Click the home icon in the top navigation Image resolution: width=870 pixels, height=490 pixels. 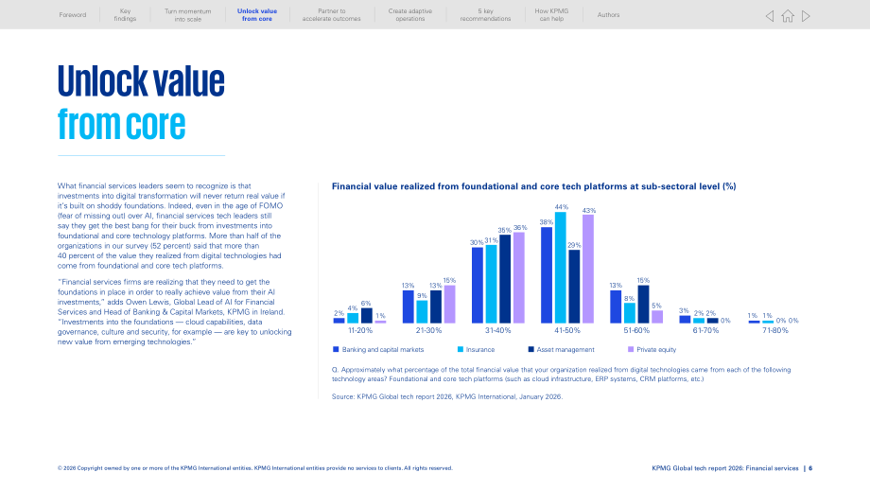pyautogui.click(x=788, y=16)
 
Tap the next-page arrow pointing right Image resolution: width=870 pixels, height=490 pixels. pyautogui.click(x=807, y=16)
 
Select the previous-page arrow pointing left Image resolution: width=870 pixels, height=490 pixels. pyautogui.click(x=770, y=16)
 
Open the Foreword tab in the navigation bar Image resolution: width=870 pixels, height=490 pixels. pyautogui.click(x=73, y=15)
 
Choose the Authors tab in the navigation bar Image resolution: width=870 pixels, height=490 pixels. pyautogui.click(x=608, y=15)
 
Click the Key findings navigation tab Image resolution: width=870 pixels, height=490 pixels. pyautogui.click(x=125, y=15)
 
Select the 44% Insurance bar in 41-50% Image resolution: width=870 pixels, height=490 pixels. pyautogui.click(x=561, y=268)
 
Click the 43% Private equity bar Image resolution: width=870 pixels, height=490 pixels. pyautogui.click(x=588, y=270)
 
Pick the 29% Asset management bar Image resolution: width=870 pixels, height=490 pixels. pyautogui.click(x=574, y=287)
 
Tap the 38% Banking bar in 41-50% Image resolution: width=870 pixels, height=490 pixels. pyautogui.click(x=547, y=275)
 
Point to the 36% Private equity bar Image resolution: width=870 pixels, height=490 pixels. pyautogui.click(x=519, y=277)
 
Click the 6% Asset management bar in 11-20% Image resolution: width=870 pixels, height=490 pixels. pyautogui.click(x=367, y=316)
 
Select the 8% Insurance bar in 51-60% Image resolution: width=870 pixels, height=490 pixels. pyautogui.click(x=629, y=313)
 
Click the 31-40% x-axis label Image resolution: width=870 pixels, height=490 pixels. pyautogui.click(x=497, y=331)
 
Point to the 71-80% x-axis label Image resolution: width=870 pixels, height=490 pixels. pyautogui.click(x=775, y=331)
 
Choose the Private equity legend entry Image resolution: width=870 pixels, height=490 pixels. pyautogui.click(x=652, y=350)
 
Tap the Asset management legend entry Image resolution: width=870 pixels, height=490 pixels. pyautogui.click(x=561, y=350)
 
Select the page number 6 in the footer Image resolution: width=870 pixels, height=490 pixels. pyautogui.click(x=810, y=468)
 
